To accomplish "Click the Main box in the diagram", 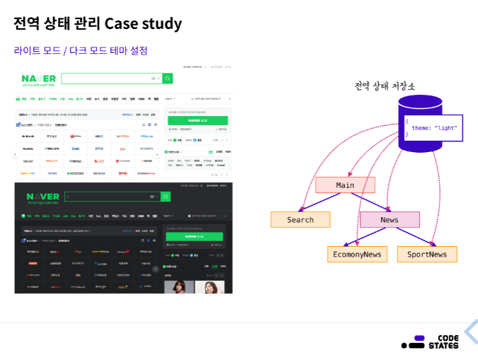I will pos(345,185).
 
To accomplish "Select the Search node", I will pos(300,220).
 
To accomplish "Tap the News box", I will pos(389,220).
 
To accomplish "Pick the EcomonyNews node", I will pos(357,255).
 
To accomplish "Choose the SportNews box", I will pos(427,255).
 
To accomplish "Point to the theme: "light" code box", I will pos(433,128).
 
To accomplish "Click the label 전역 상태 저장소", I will pos(385,86).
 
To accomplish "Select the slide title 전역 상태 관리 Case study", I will pos(98,23).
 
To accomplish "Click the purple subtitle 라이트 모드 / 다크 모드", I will pos(81,51).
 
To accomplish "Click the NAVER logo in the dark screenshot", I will pos(42,197).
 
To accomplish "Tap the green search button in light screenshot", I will pos(168,78).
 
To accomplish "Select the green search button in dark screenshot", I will pos(165,197).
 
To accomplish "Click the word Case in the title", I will pos(121,23).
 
